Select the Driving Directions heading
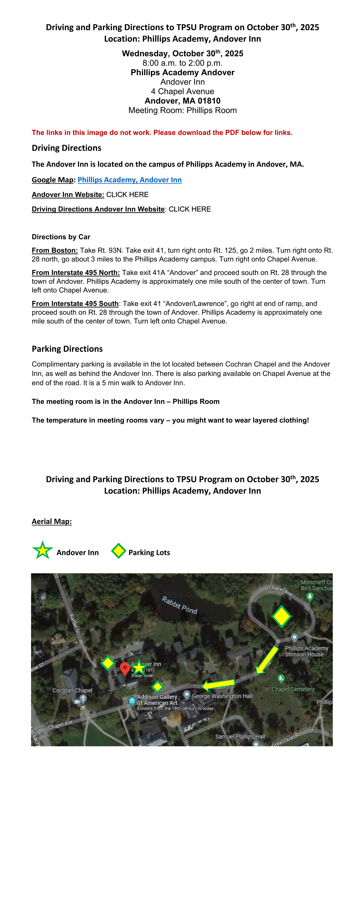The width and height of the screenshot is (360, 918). pos(66,148)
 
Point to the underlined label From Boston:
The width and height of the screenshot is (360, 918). pos(54,251)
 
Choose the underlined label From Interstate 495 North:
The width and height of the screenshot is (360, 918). pos(76,273)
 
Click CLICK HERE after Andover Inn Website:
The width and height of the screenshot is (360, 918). pos(127,195)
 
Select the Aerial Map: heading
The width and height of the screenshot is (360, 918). pos(52,521)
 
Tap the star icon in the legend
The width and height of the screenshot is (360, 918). pos(42,551)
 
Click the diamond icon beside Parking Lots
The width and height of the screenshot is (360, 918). pos(118,551)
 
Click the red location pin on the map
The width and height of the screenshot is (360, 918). pos(124,668)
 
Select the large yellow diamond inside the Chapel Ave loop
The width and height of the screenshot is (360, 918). pos(281,616)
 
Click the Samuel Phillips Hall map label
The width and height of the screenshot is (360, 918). pos(240,736)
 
